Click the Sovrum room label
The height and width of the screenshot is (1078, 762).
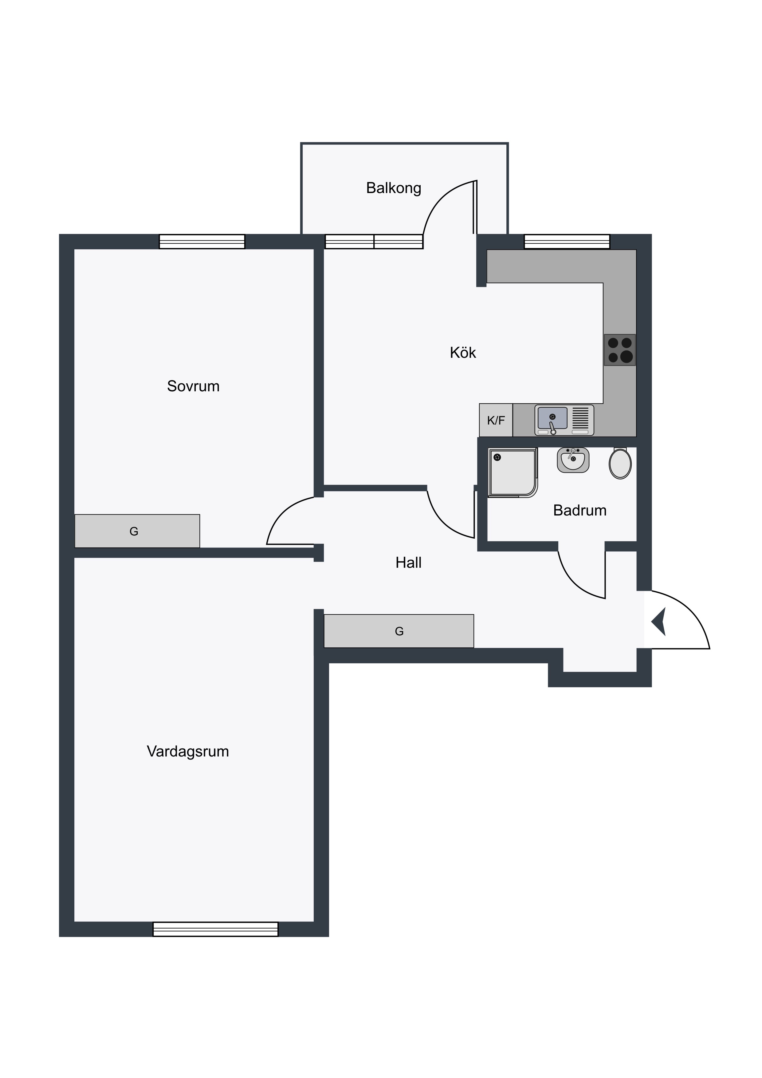pyautogui.click(x=193, y=386)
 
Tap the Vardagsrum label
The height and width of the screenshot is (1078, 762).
pyautogui.click(x=188, y=751)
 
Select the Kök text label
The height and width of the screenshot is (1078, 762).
pyautogui.click(x=463, y=352)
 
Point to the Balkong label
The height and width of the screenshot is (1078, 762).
pyautogui.click(x=394, y=188)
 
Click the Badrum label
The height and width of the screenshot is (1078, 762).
pyautogui.click(x=579, y=510)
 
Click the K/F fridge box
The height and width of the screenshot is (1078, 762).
pyautogui.click(x=496, y=420)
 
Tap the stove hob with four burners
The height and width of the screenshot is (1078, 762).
pyautogui.click(x=620, y=350)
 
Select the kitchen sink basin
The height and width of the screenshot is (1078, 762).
pyautogui.click(x=552, y=418)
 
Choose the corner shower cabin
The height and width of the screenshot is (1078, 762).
pyautogui.click(x=513, y=473)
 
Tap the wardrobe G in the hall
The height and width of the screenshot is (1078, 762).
pyautogui.click(x=399, y=631)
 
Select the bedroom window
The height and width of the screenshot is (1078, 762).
pyautogui.click(x=202, y=241)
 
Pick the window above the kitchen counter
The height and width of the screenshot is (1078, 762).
pyautogui.click(x=567, y=241)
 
